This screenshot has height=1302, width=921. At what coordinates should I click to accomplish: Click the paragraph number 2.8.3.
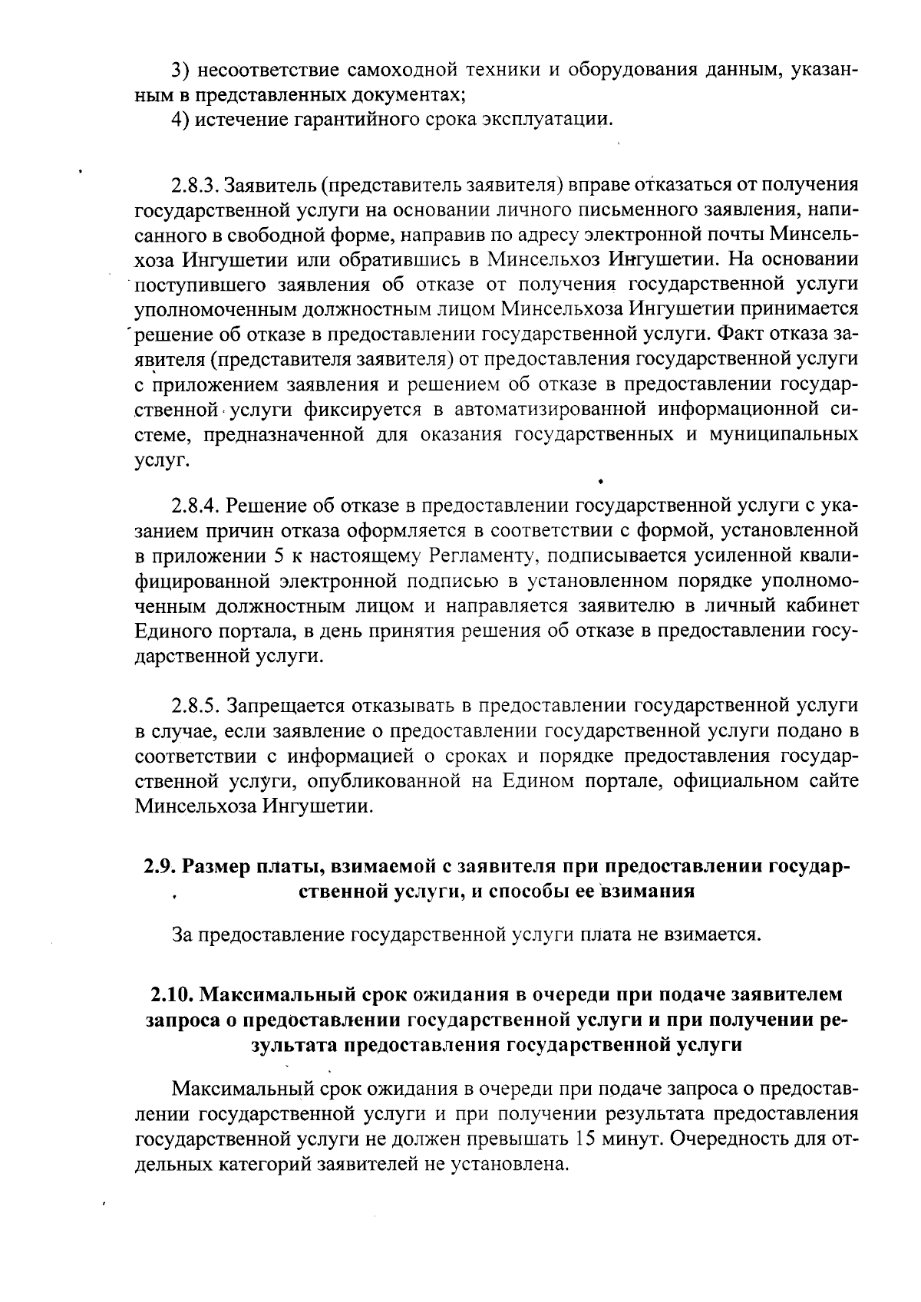[196, 185]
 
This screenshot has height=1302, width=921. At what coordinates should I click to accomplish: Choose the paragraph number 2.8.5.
[196, 706]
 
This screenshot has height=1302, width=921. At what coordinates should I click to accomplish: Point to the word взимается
[711, 934]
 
